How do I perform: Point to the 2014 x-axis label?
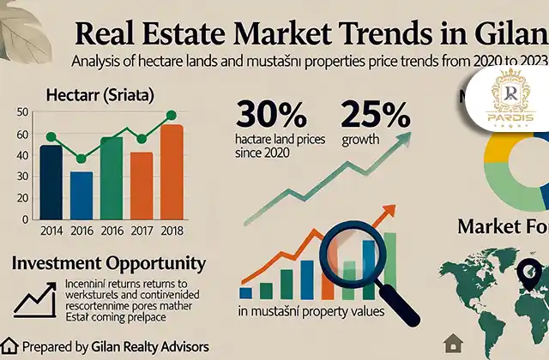51,229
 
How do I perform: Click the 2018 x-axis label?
172,229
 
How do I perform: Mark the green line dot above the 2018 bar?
172,115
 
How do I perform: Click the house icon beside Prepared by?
11,347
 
